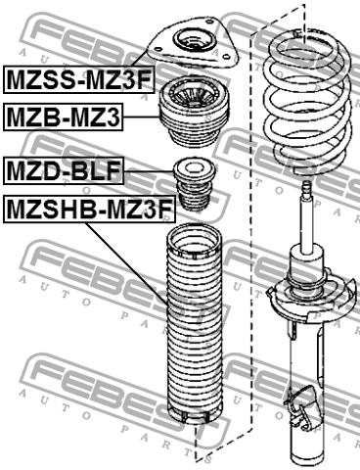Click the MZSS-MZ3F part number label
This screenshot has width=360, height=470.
tap(78, 79)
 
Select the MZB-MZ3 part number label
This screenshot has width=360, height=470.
tap(64, 117)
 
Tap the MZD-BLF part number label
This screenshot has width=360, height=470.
tap(64, 170)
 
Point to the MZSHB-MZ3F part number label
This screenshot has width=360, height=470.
tap(89, 210)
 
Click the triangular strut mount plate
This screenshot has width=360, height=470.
tap(193, 43)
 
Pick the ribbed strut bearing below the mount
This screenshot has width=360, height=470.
tap(194, 112)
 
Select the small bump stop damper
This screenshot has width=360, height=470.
tap(194, 185)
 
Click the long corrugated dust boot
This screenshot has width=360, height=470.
tap(195, 324)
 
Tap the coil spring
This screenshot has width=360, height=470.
tap(307, 101)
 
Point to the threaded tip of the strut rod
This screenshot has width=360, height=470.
tap(306, 189)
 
